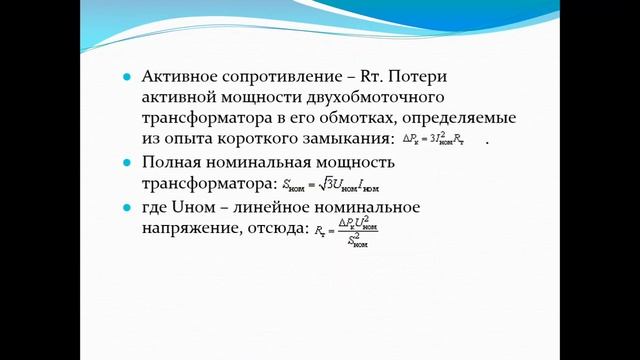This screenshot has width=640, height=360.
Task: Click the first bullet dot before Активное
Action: click(x=125, y=78)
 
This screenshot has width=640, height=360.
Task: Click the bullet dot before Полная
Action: click(x=125, y=162)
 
